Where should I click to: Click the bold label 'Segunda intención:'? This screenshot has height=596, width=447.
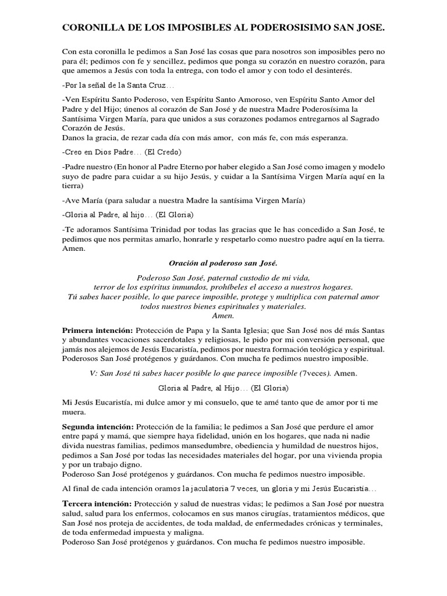click(x=98, y=427)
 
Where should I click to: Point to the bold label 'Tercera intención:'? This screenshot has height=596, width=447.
click(x=97, y=503)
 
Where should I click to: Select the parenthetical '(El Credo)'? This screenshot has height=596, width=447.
click(x=163, y=152)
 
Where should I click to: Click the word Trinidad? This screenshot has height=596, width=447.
click(x=156, y=229)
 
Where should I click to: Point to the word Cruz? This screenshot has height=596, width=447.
click(x=154, y=86)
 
